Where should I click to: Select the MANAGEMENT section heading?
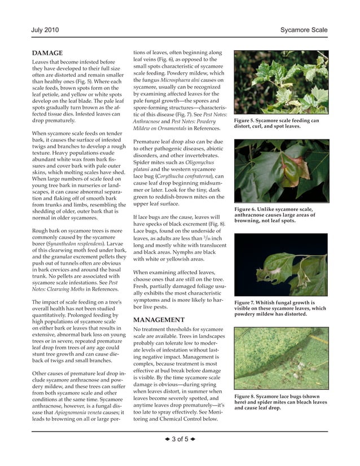point(159,319)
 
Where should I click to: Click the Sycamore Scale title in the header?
point(304,29)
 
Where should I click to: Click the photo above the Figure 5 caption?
point(280,82)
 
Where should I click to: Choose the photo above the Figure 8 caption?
point(280,360)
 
